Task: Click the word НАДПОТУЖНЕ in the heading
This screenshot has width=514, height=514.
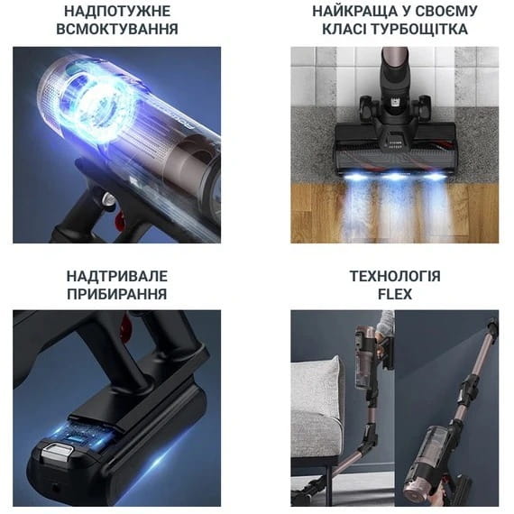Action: coord(117,12)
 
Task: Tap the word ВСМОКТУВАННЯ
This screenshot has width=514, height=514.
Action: coord(117,29)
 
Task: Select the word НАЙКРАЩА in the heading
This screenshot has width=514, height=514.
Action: coord(355,12)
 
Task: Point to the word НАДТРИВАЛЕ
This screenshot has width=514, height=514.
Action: coord(117,276)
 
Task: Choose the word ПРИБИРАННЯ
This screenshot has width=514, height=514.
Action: coord(117,294)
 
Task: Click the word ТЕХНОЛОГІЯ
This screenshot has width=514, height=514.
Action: coord(395,276)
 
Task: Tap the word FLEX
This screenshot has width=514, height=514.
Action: coord(395,294)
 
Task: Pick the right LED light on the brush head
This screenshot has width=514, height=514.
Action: coord(435,176)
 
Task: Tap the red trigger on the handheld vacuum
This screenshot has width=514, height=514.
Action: coord(120,220)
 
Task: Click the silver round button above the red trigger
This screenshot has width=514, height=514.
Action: coord(107,199)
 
